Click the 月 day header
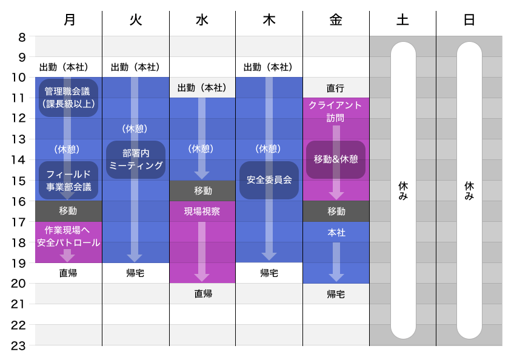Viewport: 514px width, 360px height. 70,19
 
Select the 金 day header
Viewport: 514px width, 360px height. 336,19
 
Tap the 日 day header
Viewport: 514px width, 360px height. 469,19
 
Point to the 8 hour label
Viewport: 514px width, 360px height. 22,38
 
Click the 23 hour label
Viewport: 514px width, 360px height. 18,346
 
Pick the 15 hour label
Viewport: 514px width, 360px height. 18,181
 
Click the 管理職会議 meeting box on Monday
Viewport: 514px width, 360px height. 68,98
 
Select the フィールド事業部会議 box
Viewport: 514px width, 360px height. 68,181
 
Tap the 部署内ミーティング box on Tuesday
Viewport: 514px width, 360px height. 136,159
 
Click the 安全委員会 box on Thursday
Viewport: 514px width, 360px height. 269,180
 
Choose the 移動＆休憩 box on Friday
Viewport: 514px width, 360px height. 336,159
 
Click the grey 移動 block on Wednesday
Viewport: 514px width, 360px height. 202,190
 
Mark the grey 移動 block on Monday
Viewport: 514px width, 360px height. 68,211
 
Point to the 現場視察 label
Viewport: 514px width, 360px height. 202,212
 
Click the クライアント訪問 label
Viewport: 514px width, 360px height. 335,112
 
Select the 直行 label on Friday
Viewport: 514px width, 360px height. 335,88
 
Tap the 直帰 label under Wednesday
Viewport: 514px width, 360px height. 203,293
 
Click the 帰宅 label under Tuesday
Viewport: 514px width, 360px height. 135,273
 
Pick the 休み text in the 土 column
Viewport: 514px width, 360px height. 403,191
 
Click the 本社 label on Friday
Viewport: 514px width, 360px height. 336,233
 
